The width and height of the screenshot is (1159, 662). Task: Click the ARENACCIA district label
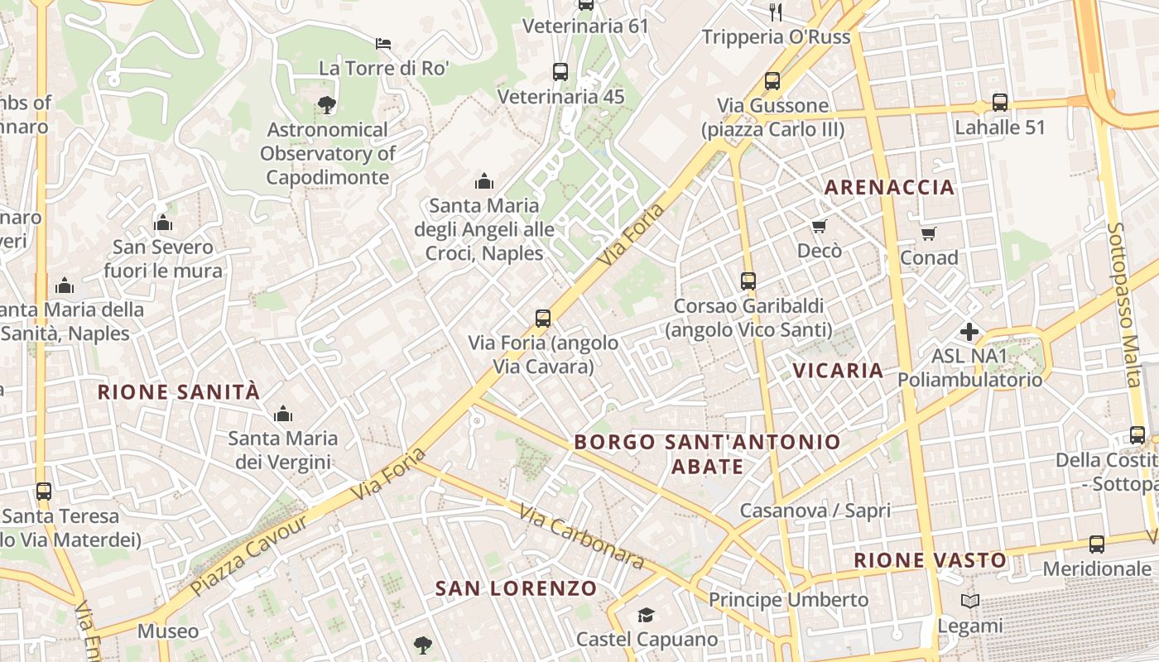pos(889,188)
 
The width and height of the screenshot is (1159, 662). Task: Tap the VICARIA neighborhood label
pos(839,370)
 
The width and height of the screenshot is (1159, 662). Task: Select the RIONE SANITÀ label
pos(179,392)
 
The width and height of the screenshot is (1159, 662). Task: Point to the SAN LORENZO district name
pos(516,588)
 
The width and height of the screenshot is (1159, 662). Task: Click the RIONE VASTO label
pos(930,560)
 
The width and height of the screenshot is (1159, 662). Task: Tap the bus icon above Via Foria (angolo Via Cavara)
pos(543,318)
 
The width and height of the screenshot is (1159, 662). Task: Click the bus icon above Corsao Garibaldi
pos(748,281)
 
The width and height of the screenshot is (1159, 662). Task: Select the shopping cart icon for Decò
pos(820,226)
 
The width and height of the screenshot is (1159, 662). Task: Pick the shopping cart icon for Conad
pos(928,233)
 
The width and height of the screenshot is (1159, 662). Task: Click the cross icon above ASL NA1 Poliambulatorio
pos(969,333)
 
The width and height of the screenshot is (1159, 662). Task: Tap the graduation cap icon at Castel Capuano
pos(646,615)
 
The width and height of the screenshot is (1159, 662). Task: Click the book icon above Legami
pos(970,602)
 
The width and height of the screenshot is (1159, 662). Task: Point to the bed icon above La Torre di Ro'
pos(382,43)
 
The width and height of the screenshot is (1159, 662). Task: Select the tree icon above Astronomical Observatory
pos(327,105)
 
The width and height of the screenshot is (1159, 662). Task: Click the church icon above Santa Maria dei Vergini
pos(283,413)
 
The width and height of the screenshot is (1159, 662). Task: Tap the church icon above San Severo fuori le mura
pos(163,223)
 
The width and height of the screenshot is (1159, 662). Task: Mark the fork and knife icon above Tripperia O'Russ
pos(776,12)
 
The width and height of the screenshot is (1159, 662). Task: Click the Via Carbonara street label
pos(582,537)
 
